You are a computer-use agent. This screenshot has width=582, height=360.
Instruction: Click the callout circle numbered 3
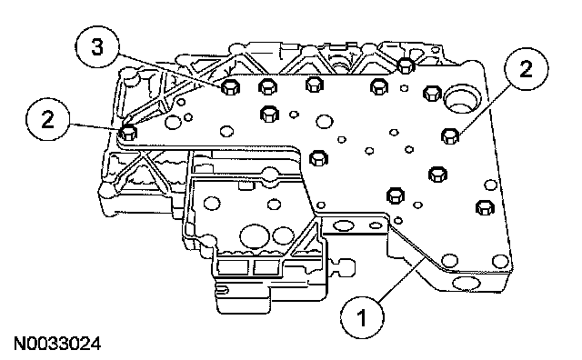97,47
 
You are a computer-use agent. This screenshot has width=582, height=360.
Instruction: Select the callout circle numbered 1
362,317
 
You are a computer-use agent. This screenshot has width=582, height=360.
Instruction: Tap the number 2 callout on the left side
47,119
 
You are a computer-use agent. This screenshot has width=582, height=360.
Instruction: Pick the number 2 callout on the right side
526,69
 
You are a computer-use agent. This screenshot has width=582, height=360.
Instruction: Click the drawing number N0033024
57,344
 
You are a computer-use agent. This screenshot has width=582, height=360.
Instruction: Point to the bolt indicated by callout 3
230,87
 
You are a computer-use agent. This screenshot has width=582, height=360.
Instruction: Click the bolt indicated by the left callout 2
128,133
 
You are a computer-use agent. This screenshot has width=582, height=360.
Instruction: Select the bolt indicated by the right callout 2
450,135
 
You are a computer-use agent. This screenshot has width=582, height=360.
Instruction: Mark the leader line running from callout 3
172,72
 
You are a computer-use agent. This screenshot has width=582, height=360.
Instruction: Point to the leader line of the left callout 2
95,126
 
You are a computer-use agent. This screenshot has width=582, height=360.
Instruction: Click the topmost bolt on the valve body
406,66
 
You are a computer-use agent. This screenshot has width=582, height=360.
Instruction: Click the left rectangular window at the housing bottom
233,267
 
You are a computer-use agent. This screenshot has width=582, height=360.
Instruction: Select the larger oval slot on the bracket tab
342,225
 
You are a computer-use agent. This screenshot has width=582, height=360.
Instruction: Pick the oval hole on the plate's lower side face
467,284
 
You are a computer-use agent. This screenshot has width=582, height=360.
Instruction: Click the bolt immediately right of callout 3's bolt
267,87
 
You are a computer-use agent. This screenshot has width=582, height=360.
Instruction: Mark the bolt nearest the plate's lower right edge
485,207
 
